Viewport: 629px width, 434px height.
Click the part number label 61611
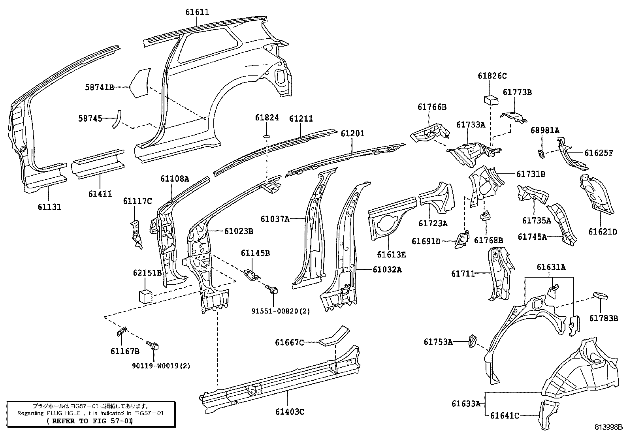197,12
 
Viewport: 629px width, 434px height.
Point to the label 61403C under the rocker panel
290,412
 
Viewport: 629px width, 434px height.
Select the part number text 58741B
99,87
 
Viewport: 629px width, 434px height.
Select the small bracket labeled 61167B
121,331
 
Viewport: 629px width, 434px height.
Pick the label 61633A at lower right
466,404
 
